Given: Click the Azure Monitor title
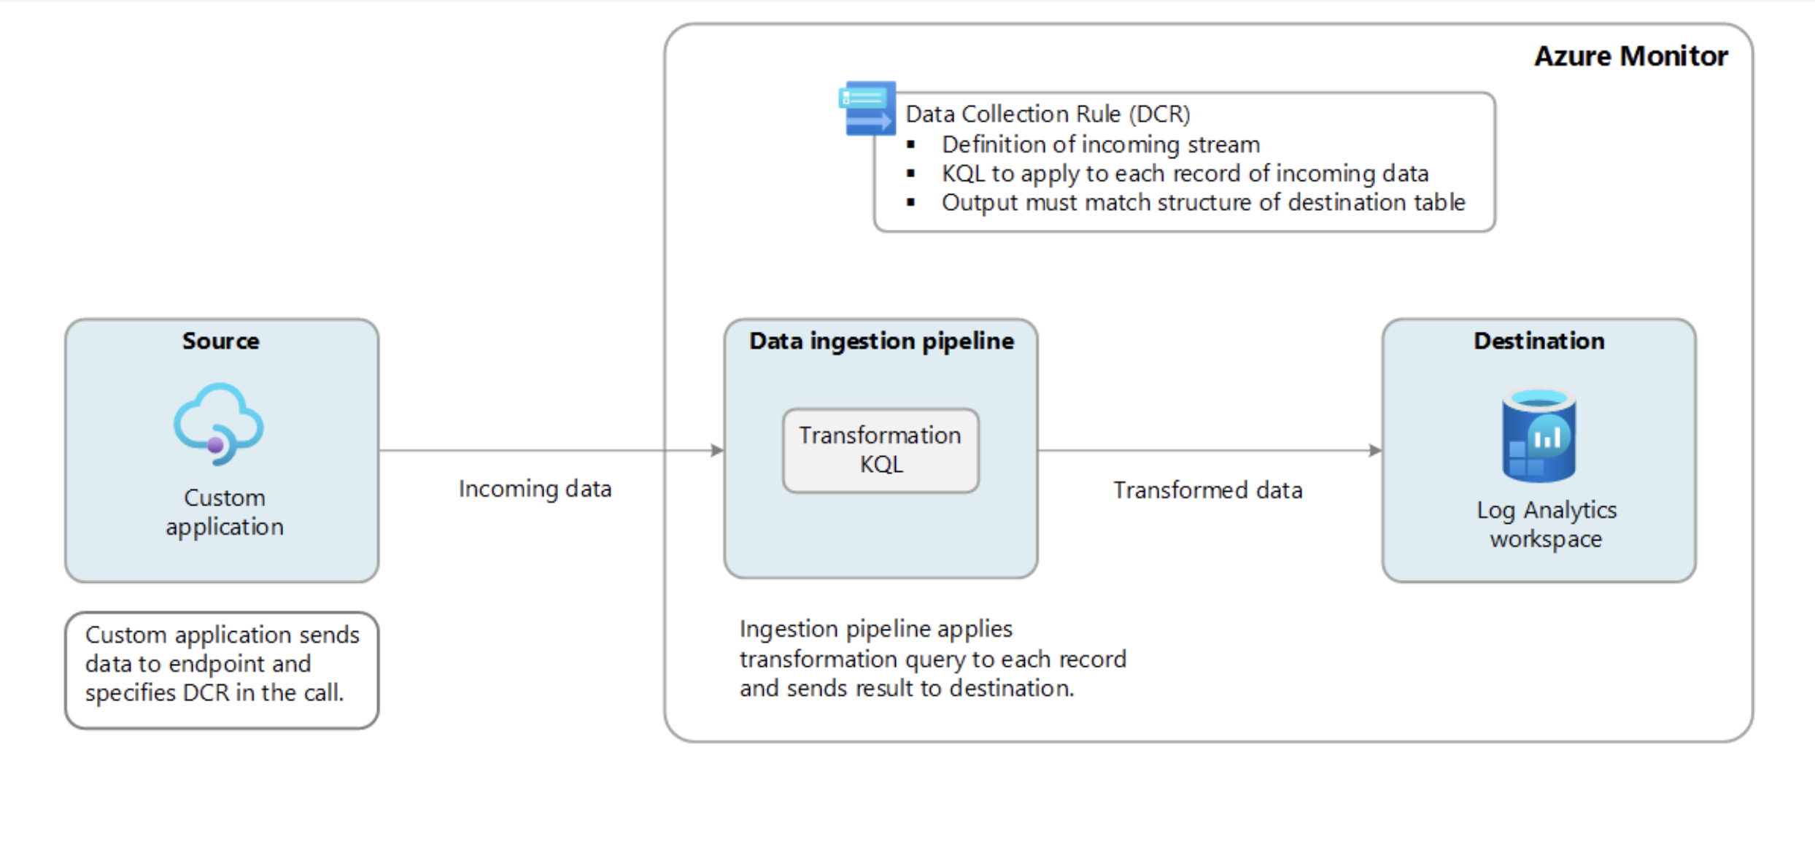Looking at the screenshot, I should (1630, 56).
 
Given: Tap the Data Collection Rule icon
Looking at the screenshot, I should (867, 108).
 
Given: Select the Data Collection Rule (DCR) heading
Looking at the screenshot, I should (1048, 114).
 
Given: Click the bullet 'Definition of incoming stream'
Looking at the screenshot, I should (1100, 144).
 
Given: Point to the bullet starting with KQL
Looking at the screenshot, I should (1185, 174).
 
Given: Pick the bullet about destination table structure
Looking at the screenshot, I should (1203, 202).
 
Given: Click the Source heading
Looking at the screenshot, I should (220, 341).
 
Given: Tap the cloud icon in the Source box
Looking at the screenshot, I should (218, 424).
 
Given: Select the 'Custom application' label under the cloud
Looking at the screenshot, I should (224, 511).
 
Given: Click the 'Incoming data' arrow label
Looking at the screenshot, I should (535, 489).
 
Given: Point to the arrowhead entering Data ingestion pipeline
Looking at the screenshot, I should (717, 451).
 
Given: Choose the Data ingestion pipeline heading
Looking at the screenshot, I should (881, 341).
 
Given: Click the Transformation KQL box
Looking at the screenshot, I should (881, 450).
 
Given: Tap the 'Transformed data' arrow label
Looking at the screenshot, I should (1207, 490).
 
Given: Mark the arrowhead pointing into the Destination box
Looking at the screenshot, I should (1375, 451).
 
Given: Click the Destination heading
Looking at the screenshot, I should (1539, 341).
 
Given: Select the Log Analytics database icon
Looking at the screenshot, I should (1539, 436).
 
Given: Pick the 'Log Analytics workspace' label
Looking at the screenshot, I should (1546, 524).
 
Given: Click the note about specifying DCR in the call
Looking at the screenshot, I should (222, 664).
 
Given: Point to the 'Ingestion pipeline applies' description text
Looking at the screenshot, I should (932, 658).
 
